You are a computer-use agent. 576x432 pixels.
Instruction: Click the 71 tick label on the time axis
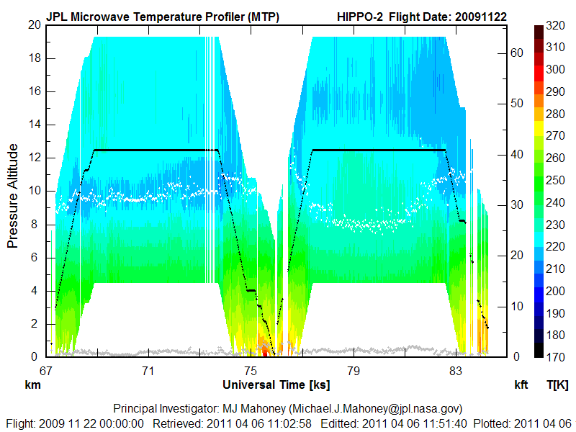(148, 371)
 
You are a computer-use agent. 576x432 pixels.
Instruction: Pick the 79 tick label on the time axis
(353, 371)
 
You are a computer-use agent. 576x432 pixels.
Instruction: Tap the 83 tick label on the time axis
(455, 371)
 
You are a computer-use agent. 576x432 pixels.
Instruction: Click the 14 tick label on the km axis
(33, 125)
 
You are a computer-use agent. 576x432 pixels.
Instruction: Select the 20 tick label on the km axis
(33, 24)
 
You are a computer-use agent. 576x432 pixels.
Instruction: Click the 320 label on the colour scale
(554, 24)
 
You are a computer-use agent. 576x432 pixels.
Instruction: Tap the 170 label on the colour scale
(554, 356)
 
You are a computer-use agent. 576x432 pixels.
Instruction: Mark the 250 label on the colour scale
(554, 179)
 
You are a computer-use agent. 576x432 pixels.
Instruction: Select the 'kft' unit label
(521, 386)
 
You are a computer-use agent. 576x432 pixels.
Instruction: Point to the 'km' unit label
(32, 386)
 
